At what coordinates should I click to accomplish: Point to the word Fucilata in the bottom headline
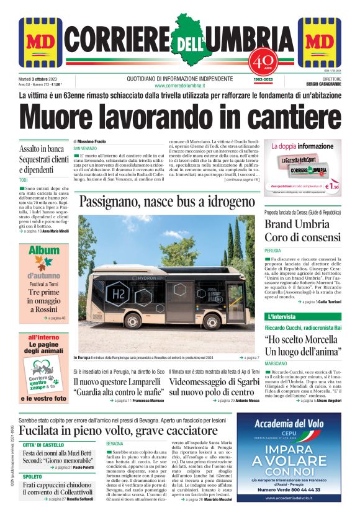pos(43,431)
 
